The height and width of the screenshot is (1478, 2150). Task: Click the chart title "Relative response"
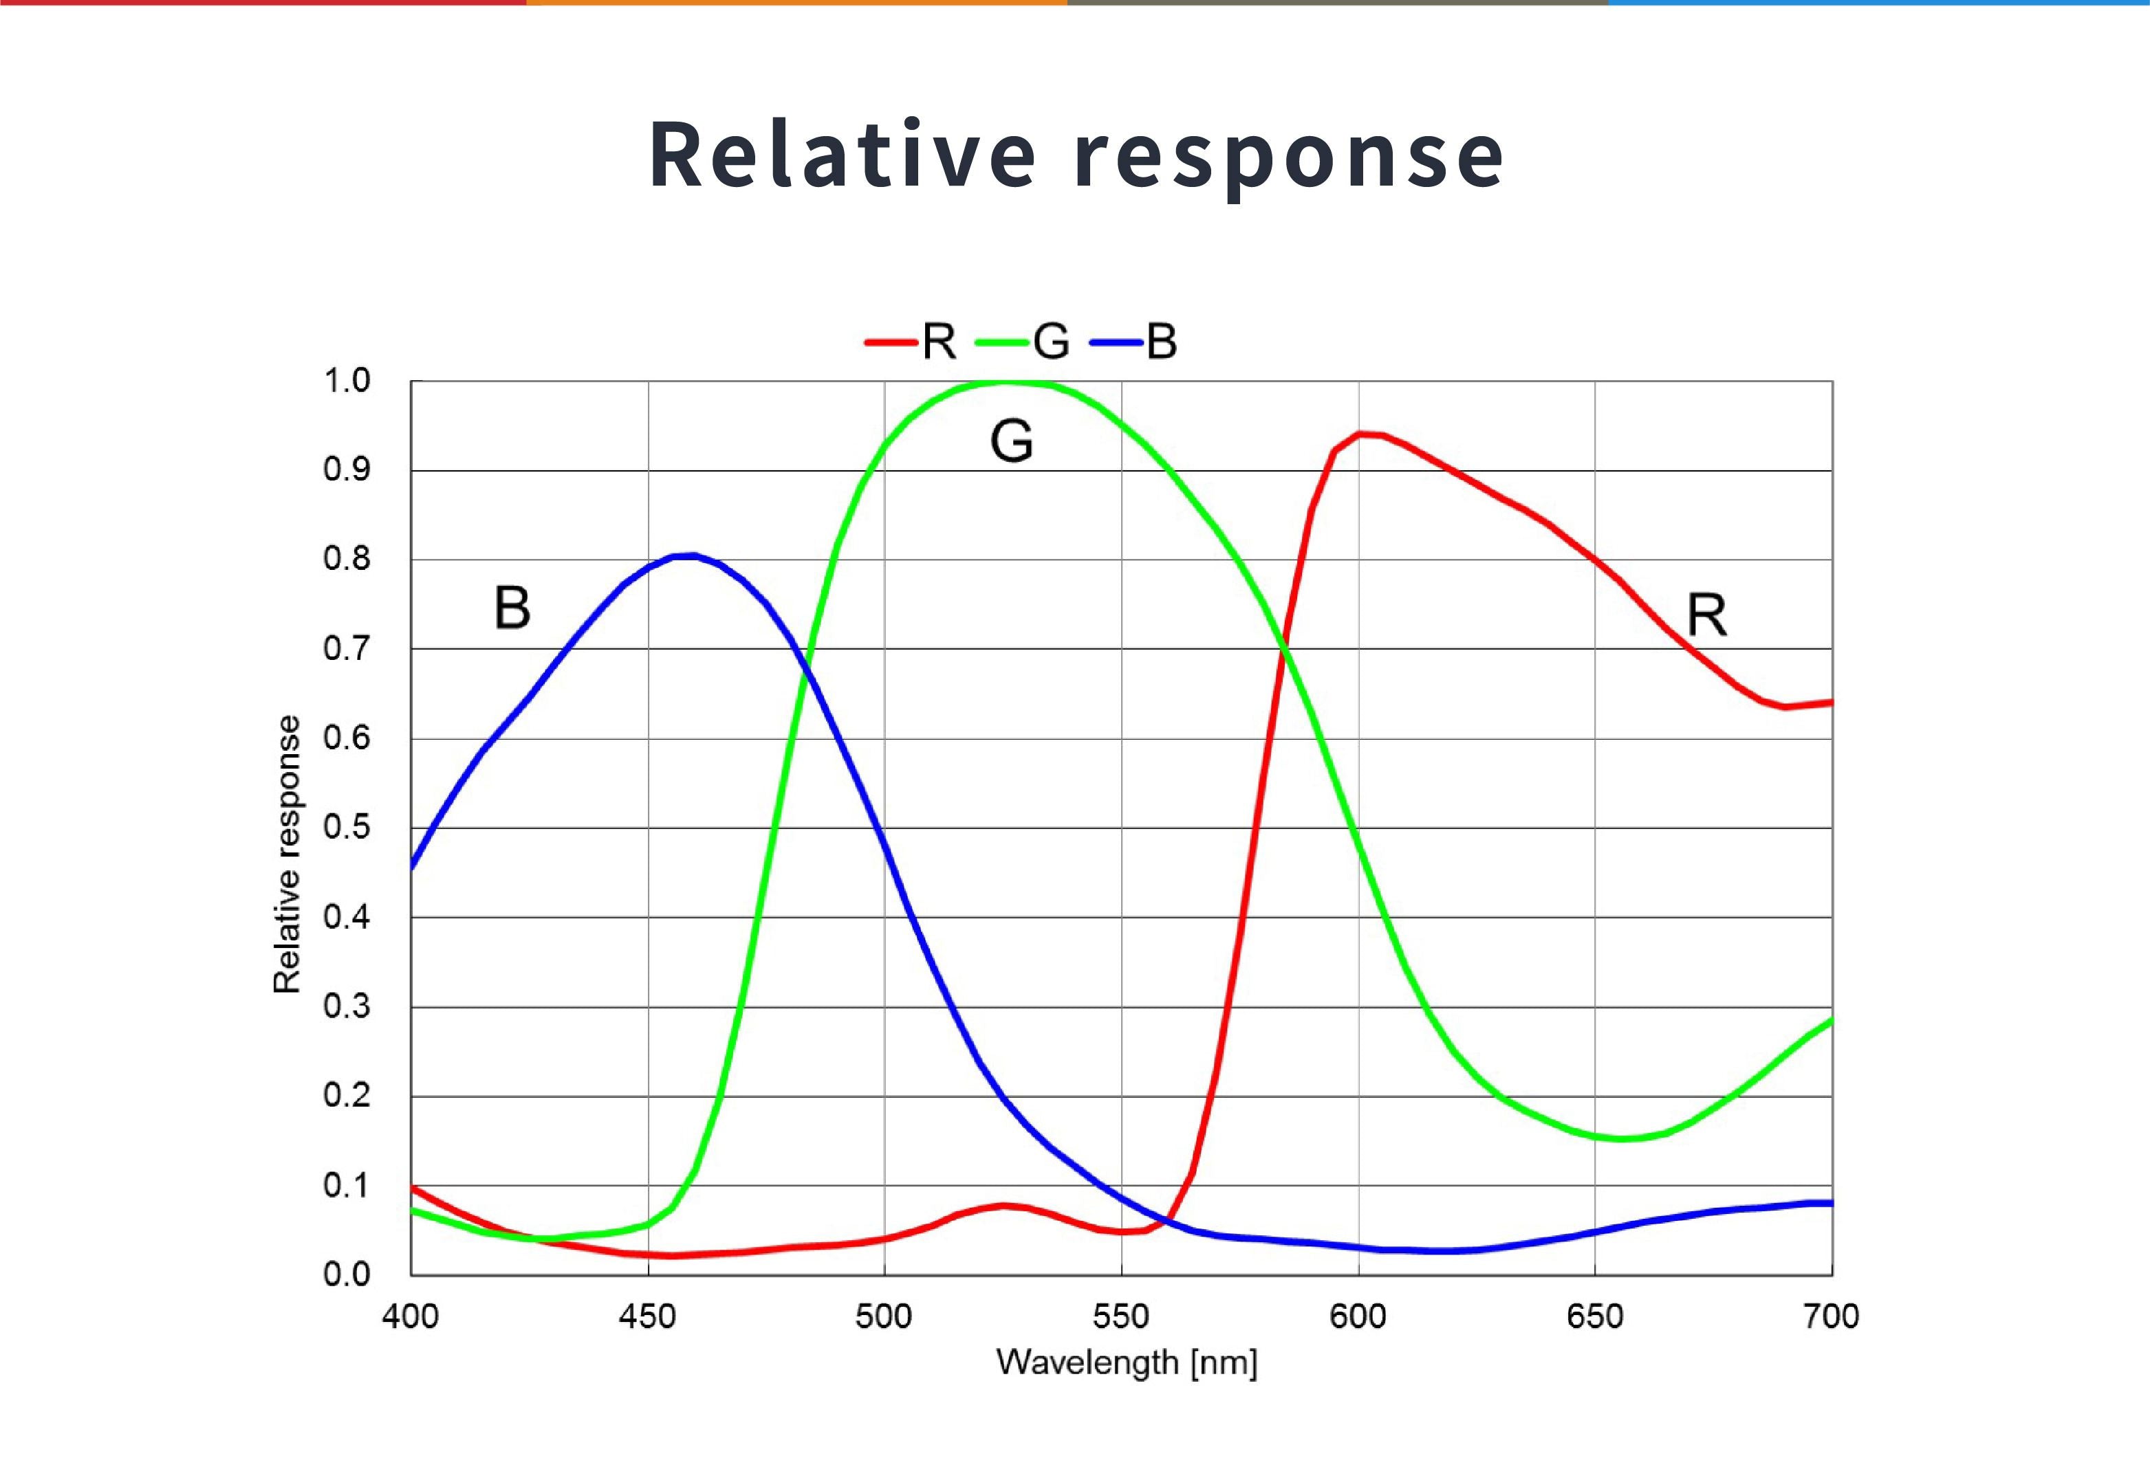(x=1076, y=155)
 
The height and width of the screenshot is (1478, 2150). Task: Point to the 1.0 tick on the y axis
(x=347, y=381)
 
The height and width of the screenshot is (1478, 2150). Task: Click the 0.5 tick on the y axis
(x=347, y=827)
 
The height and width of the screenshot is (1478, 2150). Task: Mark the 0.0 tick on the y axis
(x=347, y=1275)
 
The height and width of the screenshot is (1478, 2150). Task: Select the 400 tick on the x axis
(x=411, y=1316)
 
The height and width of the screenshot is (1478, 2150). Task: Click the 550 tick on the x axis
(x=1121, y=1316)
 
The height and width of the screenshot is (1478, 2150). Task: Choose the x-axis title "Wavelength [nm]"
(x=1127, y=1363)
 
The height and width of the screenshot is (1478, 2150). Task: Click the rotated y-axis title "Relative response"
(x=287, y=854)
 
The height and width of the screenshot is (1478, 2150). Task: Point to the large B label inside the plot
(x=512, y=608)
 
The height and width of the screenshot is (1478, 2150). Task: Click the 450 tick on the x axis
(x=647, y=1316)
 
